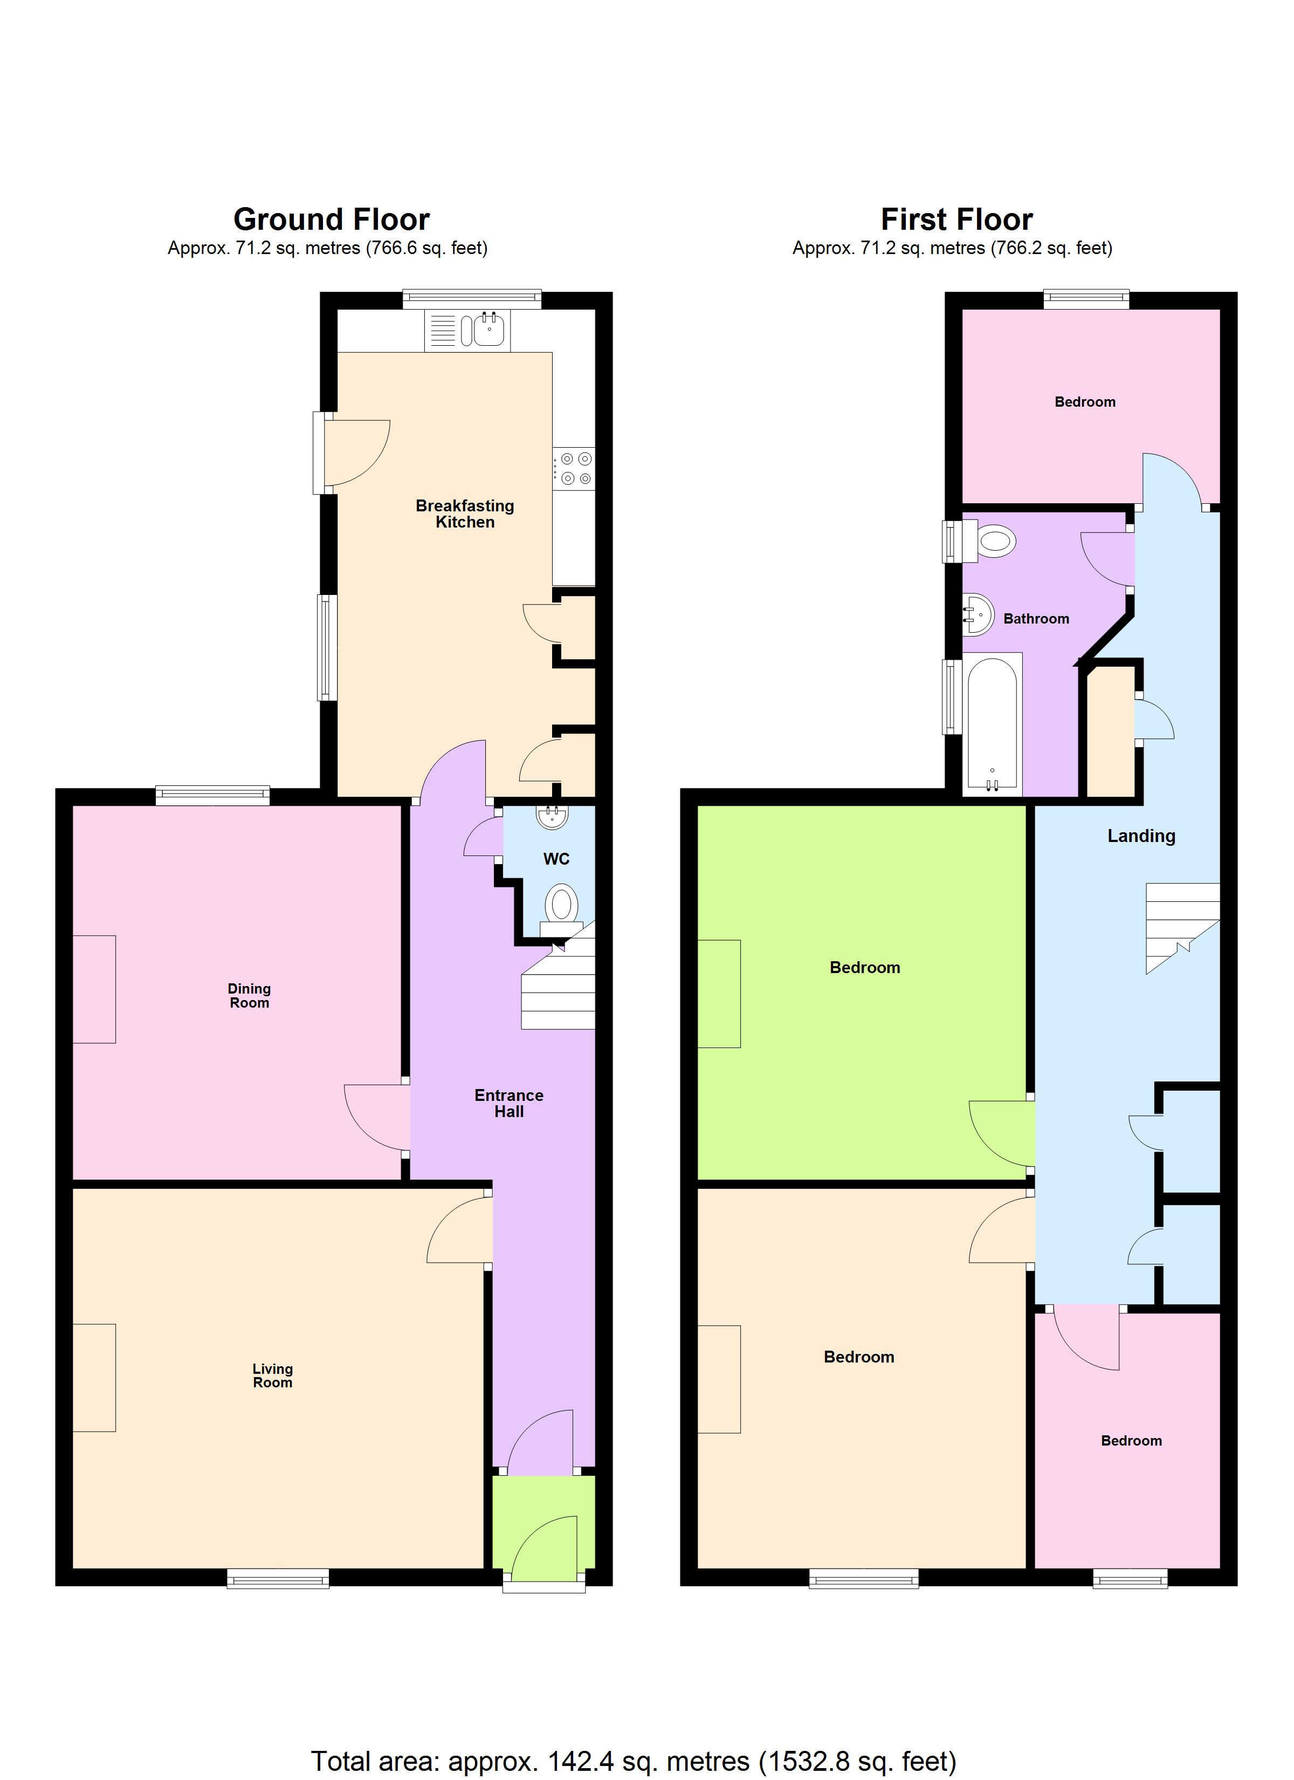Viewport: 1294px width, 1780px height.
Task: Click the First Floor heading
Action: coord(956,219)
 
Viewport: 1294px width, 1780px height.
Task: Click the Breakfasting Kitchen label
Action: coord(465,514)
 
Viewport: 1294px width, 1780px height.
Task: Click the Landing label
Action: coord(1140,836)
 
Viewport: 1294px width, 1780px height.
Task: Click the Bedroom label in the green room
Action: coord(865,968)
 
